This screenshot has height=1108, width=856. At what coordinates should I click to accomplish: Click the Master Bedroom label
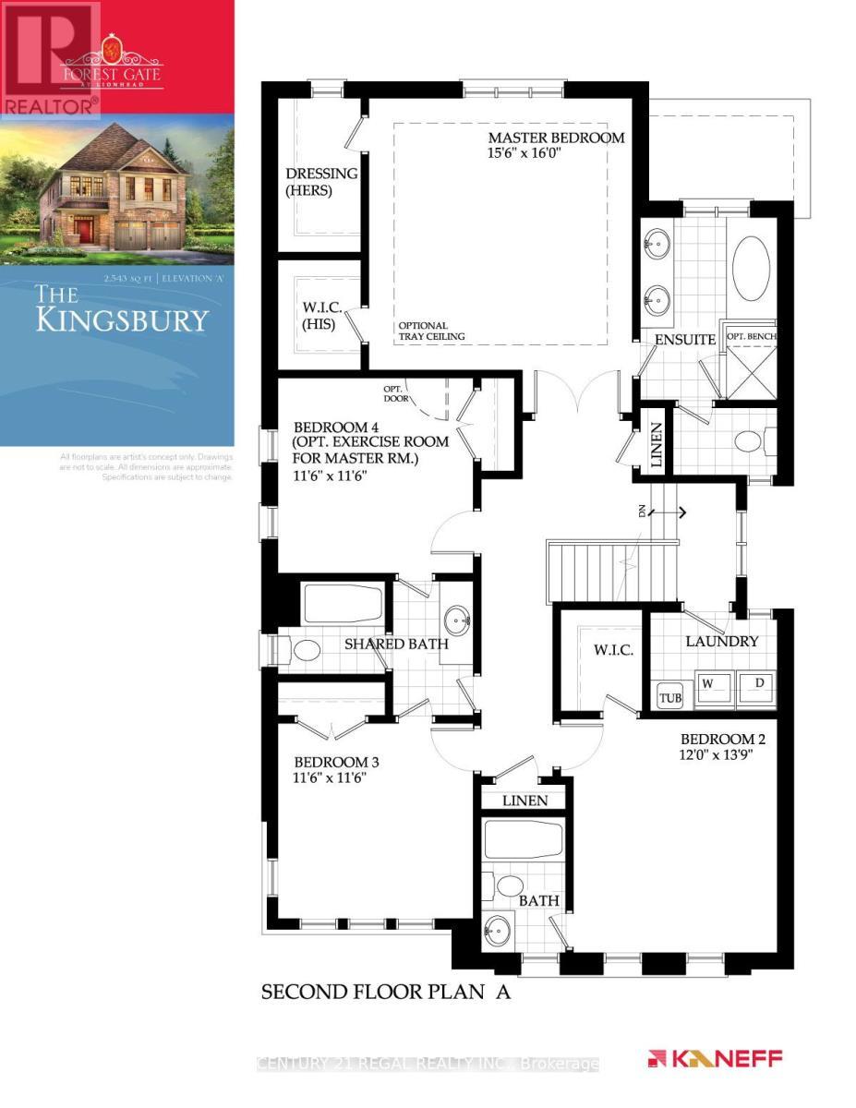tap(556, 138)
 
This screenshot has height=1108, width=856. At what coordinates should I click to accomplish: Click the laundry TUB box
tap(669, 697)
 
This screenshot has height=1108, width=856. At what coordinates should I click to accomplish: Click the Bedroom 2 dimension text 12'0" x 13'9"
tap(723, 755)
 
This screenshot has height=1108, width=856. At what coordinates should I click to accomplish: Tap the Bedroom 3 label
tap(336, 763)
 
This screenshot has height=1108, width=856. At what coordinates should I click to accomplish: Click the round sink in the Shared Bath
tap(456, 618)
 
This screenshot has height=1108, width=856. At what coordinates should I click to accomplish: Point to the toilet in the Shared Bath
tap(303, 650)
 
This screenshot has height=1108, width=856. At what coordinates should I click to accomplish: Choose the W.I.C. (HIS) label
tap(317, 317)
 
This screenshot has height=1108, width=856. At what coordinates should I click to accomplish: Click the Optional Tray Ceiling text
tap(431, 331)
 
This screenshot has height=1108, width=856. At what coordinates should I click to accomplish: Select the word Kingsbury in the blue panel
tap(122, 319)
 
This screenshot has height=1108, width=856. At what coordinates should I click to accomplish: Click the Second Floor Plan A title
tap(386, 993)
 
